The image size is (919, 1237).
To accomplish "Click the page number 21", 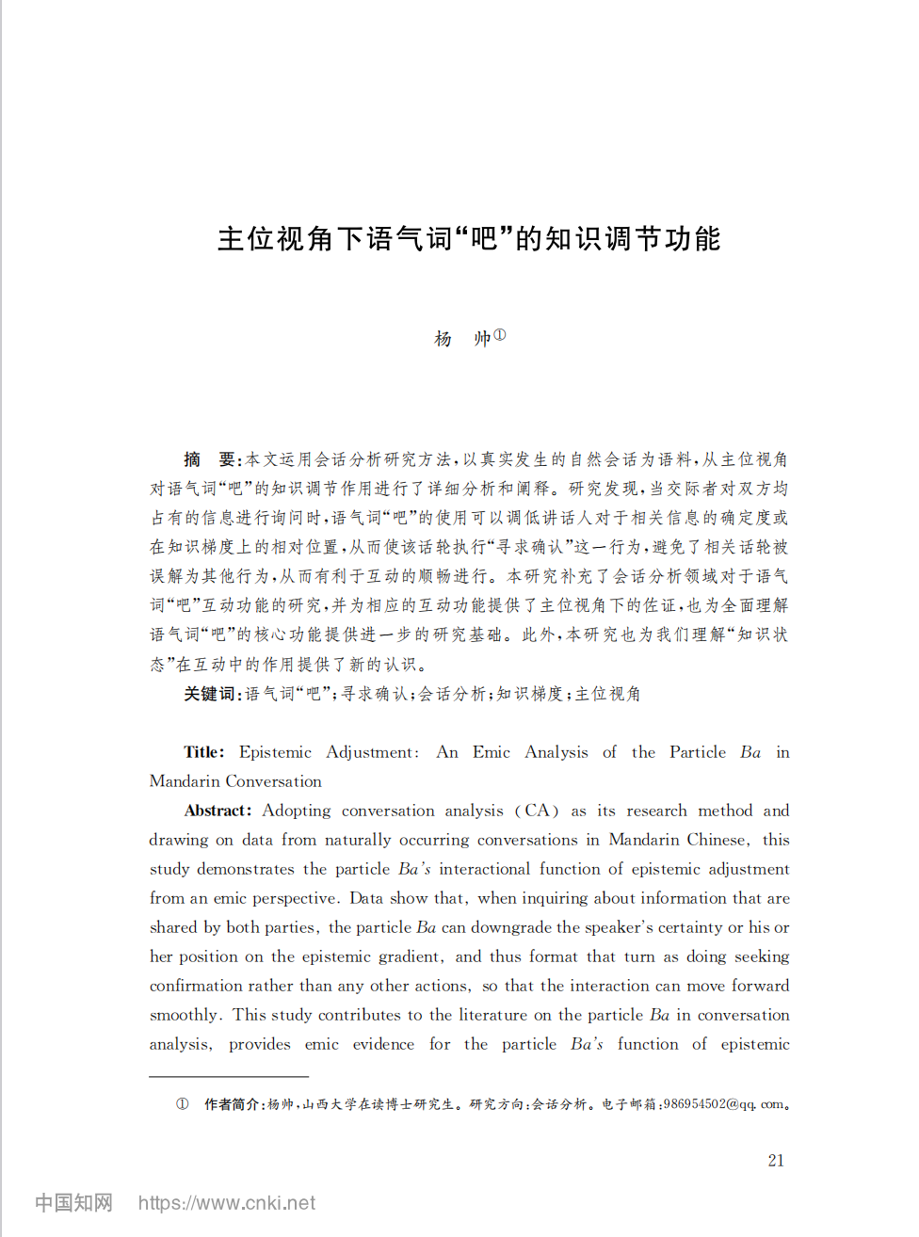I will pyautogui.click(x=776, y=1160).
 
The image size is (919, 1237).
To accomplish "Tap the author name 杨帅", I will pyautogui.click(x=462, y=339).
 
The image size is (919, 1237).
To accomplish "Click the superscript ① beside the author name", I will pyautogui.click(x=500, y=334).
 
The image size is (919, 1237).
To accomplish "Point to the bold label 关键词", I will pyautogui.click(x=211, y=694).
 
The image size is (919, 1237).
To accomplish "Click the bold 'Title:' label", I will pyautogui.click(x=204, y=752).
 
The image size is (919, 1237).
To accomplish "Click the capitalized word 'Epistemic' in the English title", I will pyautogui.click(x=275, y=752).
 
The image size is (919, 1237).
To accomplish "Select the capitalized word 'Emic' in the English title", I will pyautogui.click(x=492, y=752).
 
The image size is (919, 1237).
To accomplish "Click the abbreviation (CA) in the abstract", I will pyautogui.click(x=537, y=811).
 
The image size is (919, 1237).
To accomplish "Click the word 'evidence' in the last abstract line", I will pyautogui.click(x=383, y=1044).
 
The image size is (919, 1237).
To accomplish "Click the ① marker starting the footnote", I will pyautogui.click(x=182, y=1104).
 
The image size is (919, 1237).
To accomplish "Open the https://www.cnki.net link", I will pyautogui.click(x=227, y=1203).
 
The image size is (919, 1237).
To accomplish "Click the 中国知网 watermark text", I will pyautogui.click(x=73, y=1203).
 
